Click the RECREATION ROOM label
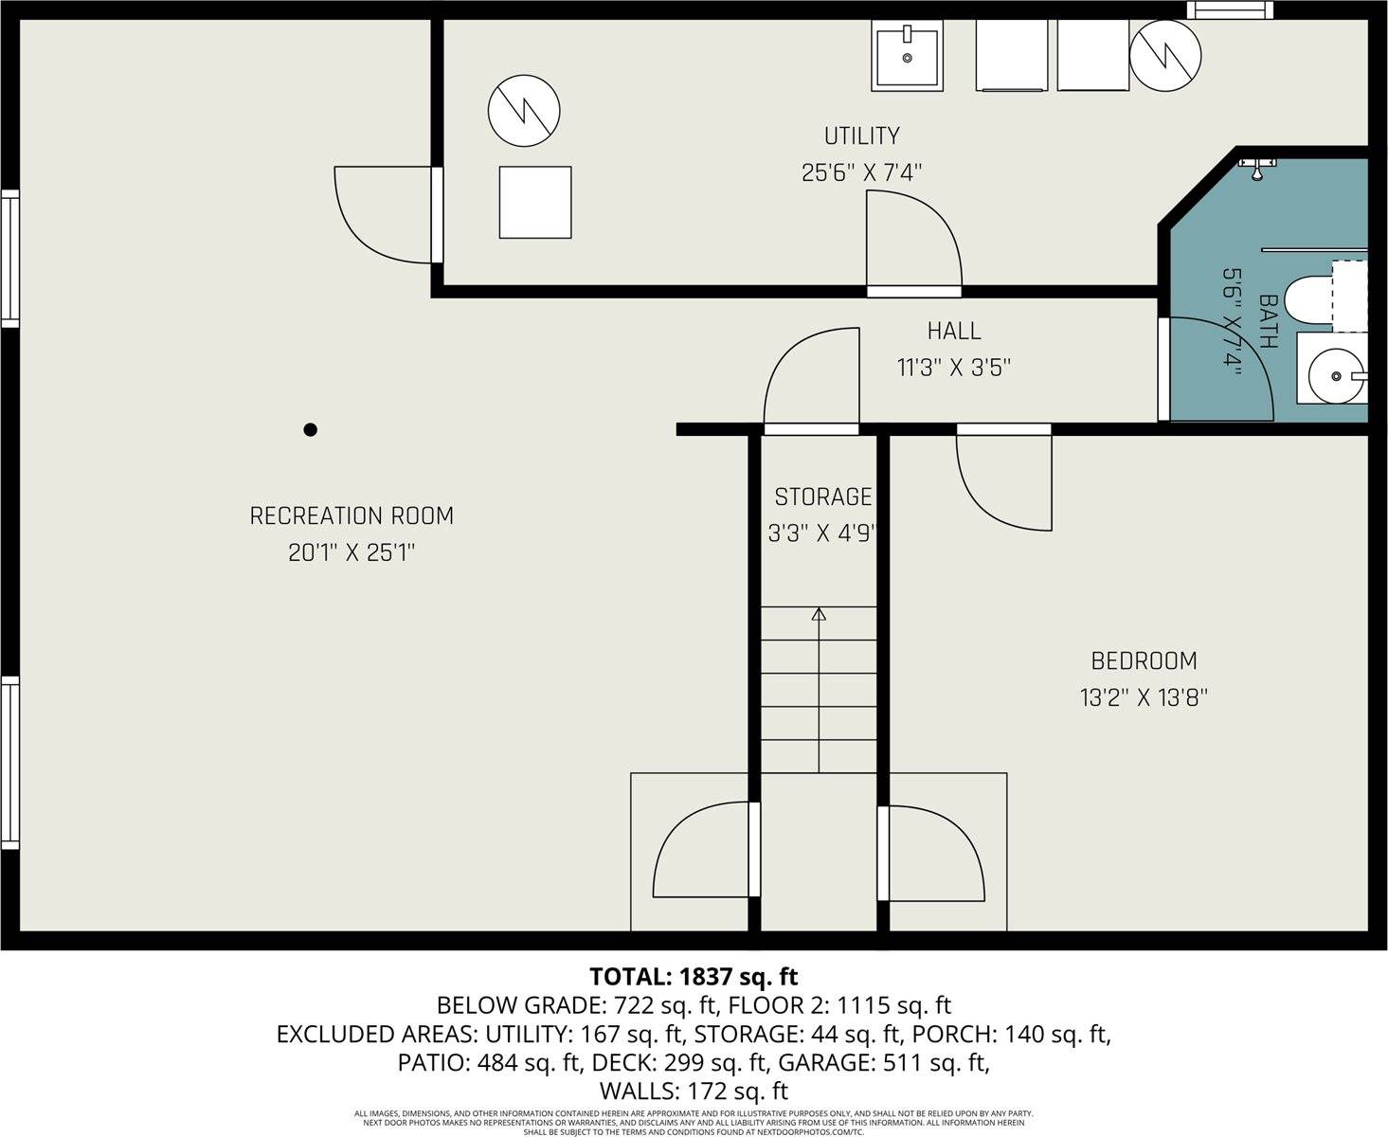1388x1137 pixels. click(x=352, y=516)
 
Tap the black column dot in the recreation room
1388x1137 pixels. click(x=310, y=429)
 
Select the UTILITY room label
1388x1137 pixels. click(x=861, y=136)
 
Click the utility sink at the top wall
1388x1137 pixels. click(x=907, y=57)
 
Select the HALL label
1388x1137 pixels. click(x=954, y=331)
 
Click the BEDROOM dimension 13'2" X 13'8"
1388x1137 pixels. click(x=1144, y=698)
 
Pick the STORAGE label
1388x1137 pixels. click(x=822, y=496)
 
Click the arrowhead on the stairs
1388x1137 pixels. click(x=819, y=614)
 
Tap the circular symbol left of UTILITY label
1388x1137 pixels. click(x=524, y=110)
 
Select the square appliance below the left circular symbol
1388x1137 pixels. click(x=535, y=202)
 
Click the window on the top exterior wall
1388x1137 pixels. click(x=1229, y=9)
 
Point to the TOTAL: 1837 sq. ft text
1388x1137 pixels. click(x=694, y=977)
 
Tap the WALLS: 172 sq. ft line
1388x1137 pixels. click(x=694, y=1092)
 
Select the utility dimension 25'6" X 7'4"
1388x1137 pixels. click(x=861, y=173)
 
